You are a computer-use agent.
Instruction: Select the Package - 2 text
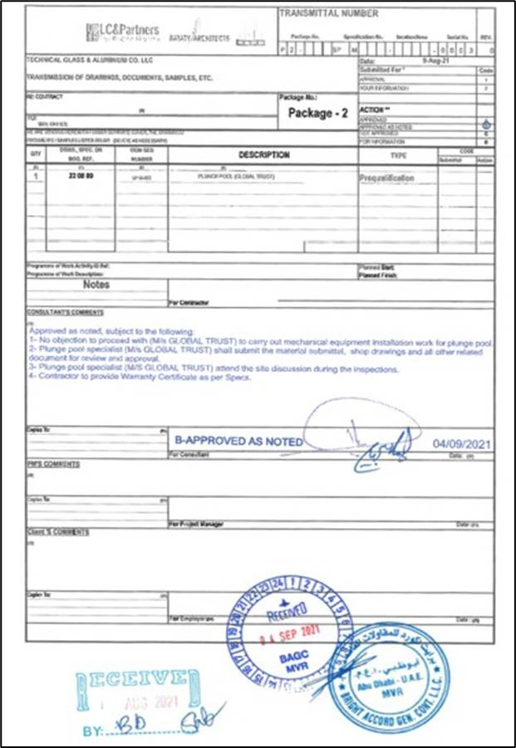(317, 114)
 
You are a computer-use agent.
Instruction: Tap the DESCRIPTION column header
(263, 155)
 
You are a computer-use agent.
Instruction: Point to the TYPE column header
(398, 155)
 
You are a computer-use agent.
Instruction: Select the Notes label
(96, 284)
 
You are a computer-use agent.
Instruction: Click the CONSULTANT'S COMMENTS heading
(65, 313)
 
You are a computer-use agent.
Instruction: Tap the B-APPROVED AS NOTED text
(238, 442)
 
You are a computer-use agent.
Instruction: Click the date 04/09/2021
(462, 444)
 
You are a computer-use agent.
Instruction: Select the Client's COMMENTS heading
(58, 532)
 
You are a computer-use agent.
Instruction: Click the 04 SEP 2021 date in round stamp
(290, 638)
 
